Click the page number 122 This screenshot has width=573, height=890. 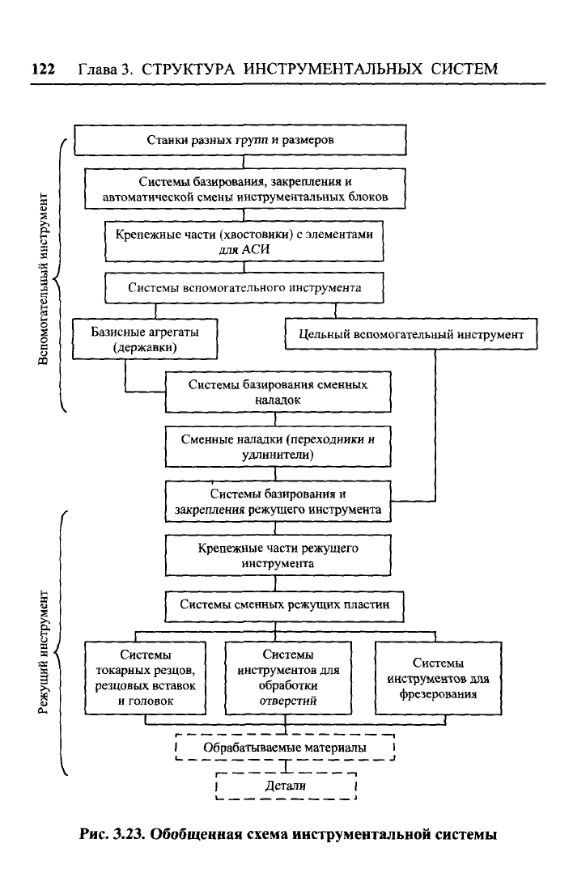click(43, 70)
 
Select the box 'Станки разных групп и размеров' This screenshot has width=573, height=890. click(240, 140)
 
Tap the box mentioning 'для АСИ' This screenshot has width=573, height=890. click(244, 241)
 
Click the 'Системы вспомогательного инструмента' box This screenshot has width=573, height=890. click(244, 288)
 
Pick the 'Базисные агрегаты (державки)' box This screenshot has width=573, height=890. click(145, 339)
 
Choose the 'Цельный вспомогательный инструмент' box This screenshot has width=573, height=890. click(411, 333)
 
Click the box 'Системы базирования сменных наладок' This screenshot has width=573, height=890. click(278, 392)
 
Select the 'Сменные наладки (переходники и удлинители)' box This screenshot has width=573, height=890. click(278, 447)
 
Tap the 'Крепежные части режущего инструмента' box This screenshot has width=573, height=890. click(278, 556)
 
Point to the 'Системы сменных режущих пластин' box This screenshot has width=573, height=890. click(285, 606)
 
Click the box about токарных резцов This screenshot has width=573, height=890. click(146, 678)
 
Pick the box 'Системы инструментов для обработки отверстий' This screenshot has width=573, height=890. click(288, 678)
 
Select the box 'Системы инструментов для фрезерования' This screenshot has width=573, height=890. click(438, 678)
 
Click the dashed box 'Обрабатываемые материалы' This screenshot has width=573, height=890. click(285, 748)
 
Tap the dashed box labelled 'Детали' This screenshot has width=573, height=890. click(286, 786)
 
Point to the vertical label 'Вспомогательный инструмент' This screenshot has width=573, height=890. click(44, 279)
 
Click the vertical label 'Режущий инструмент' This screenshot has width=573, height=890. click(44, 651)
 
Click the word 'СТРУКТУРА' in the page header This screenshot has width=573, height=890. click(188, 70)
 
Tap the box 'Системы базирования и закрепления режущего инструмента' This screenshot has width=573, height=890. click(278, 502)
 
